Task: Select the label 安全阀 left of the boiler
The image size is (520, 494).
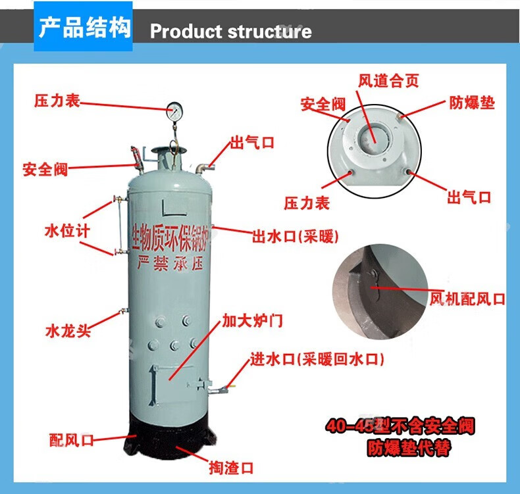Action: [x=45, y=168]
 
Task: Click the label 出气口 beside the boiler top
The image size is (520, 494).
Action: [x=252, y=142]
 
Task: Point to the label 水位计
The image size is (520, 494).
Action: [x=66, y=230]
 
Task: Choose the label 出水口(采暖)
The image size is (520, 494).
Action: [x=296, y=236]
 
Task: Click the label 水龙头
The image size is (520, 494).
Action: [x=68, y=330]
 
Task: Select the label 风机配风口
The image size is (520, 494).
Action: [x=467, y=299]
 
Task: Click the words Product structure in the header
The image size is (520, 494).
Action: [x=231, y=31]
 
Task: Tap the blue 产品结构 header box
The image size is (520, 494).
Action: [x=84, y=28]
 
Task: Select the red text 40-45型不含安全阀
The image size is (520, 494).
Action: [x=400, y=426]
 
